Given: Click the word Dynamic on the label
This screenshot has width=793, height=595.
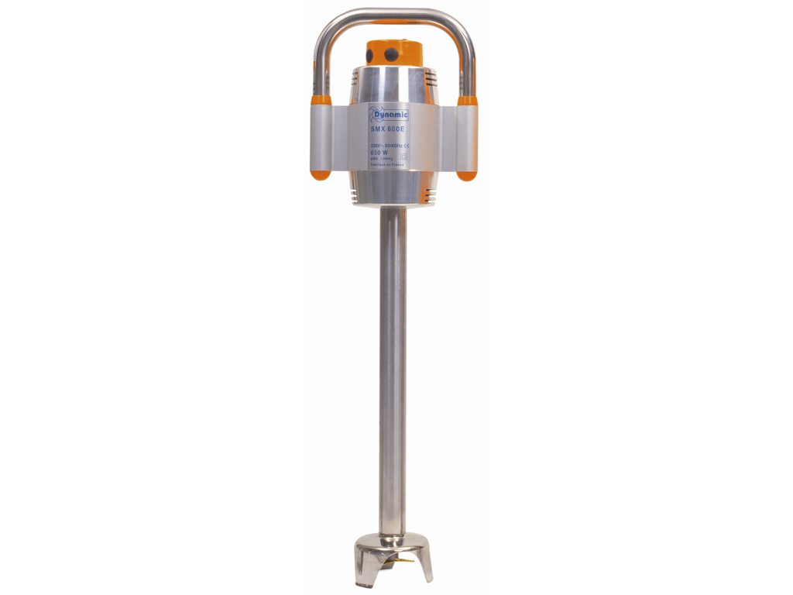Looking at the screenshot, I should click(x=395, y=115).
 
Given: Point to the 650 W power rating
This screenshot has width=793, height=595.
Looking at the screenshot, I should click(x=379, y=153).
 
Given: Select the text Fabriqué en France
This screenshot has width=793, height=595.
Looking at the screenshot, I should click(x=386, y=167).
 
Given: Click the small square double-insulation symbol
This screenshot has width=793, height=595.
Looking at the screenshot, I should click(x=403, y=156).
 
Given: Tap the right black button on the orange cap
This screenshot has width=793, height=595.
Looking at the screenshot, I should click(x=392, y=54).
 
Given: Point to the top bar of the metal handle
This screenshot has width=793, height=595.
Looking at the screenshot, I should click(x=395, y=14).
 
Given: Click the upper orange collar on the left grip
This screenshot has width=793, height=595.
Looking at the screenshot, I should click(x=321, y=101).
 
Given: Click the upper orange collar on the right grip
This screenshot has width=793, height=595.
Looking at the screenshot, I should click(x=467, y=101).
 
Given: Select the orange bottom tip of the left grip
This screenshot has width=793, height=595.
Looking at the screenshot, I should click(x=321, y=174).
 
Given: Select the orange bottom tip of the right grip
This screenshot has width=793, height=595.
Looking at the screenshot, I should click(x=467, y=174).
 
